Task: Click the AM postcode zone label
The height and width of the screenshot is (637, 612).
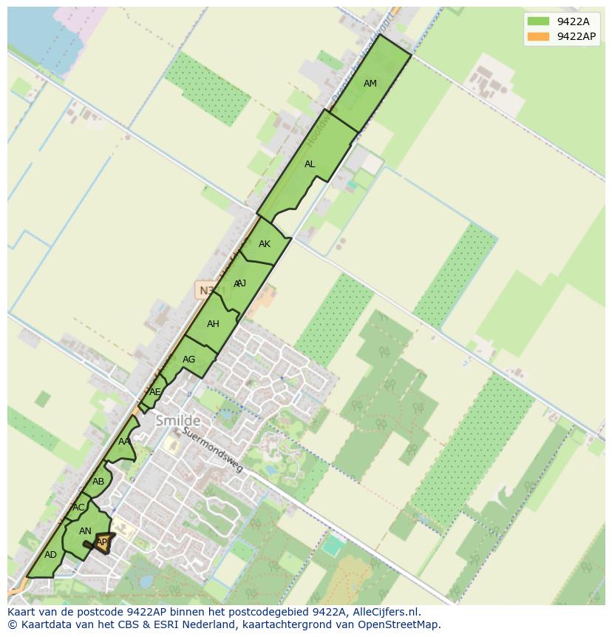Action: [x=370, y=84]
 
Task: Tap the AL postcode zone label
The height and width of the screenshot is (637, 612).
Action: [x=310, y=164]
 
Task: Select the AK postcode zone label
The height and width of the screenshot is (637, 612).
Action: [x=265, y=244]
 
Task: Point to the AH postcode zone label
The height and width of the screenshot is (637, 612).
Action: [x=213, y=324]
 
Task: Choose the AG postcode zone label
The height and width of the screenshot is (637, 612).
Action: [x=188, y=360]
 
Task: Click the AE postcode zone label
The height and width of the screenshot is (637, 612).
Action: [x=154, y=392]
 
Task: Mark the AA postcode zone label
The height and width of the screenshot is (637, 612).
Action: [x=124, y=442]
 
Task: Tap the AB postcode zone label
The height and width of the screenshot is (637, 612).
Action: [x=98, y=482]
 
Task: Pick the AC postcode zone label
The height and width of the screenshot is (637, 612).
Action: [x=78, y=508]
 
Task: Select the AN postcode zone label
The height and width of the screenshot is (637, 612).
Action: [x=85, y=531]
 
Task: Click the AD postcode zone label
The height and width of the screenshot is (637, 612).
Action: [x=50, y=555]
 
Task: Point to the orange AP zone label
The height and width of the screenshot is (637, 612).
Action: [x=102, y=542]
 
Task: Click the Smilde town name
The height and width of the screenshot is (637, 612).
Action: [x=177, y=421]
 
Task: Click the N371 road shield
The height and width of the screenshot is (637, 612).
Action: [x=206, y=291]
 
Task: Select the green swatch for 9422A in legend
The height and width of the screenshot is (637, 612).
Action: [x=538, y=21]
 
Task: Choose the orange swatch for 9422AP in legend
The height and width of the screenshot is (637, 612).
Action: [x=538, y=36]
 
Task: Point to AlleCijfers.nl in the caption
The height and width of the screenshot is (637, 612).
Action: [x=386, y=612]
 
